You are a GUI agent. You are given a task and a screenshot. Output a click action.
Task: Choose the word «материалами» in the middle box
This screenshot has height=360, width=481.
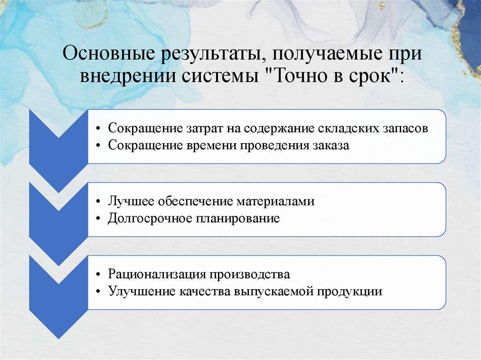275,202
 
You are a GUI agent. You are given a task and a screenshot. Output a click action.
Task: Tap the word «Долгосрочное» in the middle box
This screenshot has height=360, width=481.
150,219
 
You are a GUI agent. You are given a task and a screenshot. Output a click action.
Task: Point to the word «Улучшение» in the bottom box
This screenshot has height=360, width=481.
142,291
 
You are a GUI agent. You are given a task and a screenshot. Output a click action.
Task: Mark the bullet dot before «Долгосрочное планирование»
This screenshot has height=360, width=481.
98,219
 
